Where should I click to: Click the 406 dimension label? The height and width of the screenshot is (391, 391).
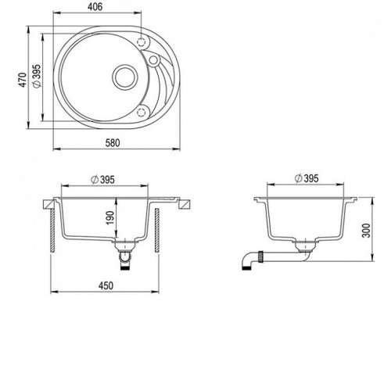pyautogui.click(x=95, y=7)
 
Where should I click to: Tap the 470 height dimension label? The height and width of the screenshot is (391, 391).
pyautogui.click(x=23, y=80)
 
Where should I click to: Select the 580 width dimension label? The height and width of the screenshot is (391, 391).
pyautogui.click(x=113, y=143)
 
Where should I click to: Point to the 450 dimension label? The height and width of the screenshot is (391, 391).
pyautogui.click(x=106, y=285)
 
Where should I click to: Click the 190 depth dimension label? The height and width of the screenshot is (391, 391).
pyautogui.click(x=110, y=218)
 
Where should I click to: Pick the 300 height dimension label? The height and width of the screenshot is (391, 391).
pyautogui.click(x=366, y=230)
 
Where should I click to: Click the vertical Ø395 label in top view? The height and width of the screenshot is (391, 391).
pyautogui.click(x=38, y=76)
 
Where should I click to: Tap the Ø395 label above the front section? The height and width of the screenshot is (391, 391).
pyautogui.click(x=102, y=180)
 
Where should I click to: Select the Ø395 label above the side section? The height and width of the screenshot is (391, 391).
pyautogui.click(x=307, y=178)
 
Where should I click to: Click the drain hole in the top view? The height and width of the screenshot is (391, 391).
pyautogui.click(x=124, y=77)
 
